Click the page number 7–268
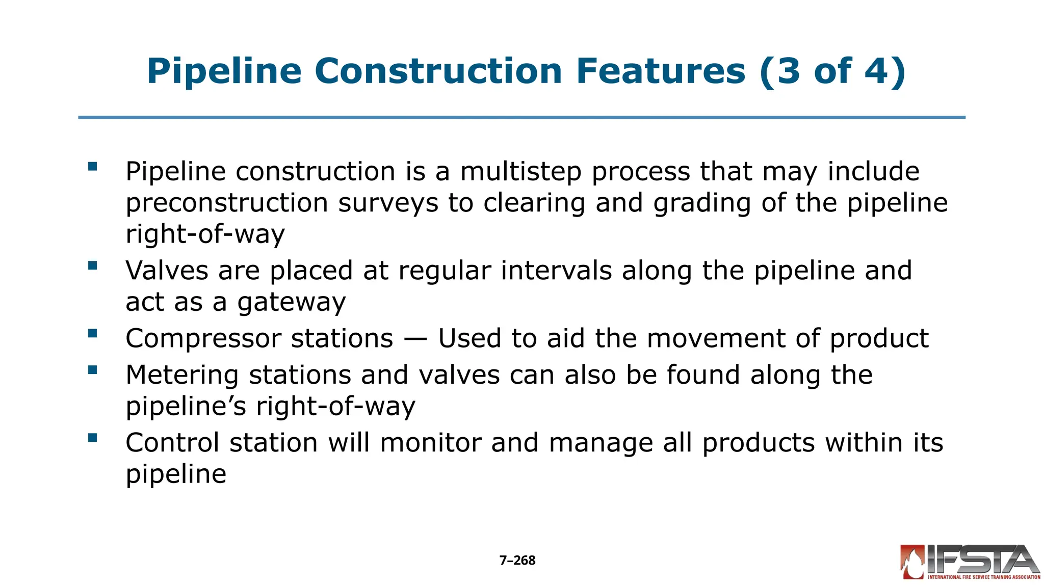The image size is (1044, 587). (x=517, y=561)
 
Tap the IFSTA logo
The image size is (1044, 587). (x=970, y=563)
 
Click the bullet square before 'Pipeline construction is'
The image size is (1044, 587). (x=92, y=166)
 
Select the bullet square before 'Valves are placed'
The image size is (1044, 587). (x=92, y=265)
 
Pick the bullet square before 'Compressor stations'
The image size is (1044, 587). (x=92, y=333)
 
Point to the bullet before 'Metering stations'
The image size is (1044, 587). (x=92, y=370)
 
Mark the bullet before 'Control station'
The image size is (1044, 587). (x=92, y=438)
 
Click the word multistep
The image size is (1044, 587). (x=520, y=172)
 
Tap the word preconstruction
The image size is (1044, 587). (x=227, y=203)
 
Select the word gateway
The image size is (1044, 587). (x=292, y=302)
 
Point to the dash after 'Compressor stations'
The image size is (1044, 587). (x=415, y=339)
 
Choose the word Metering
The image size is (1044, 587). (x=182, y=375)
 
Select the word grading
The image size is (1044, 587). (x=702, y=203)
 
